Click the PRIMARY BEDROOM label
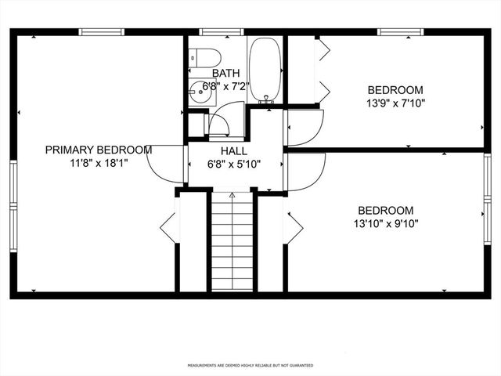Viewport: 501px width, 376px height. tap(99, 150)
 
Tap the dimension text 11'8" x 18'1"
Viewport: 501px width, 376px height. tap(99, 164)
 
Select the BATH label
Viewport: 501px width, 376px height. tap(226, 73)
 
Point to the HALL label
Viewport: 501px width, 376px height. tap(234, 151)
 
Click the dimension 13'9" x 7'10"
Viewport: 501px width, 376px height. tap(395, 103)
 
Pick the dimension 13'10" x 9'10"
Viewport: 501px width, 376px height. tap(386, 223)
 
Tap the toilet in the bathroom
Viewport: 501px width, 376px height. tap(204, 58)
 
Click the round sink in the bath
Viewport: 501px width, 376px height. tap(201, 92)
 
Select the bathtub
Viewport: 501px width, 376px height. tap(265, 70)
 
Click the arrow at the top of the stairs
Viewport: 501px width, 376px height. tap(232, 195)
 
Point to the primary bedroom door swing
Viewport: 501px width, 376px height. tap(165, 164)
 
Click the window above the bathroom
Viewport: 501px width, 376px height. tap(222, 31)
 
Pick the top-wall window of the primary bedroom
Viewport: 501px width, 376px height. tap(102, 31)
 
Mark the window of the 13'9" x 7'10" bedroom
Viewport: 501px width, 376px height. tap(400, 31)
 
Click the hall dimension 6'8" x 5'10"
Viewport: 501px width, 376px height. tap(234, 164)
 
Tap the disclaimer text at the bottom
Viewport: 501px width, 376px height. tap(250, 365)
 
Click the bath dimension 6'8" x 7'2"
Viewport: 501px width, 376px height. tap(226, 86)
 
